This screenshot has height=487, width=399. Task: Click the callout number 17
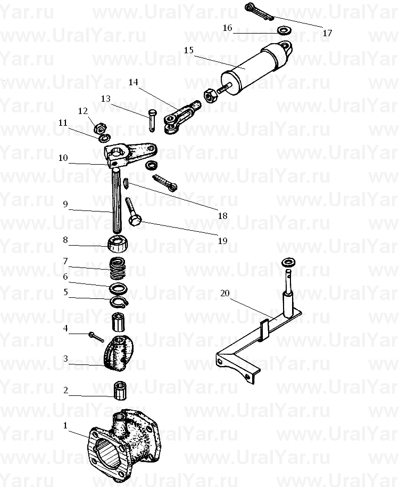pos(327,33)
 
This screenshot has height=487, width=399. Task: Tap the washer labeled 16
pos(284,31)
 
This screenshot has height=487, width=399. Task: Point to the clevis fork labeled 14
pos(181,117)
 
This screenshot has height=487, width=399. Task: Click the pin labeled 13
pos(152,120)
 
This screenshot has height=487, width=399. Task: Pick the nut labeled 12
pos(101,128)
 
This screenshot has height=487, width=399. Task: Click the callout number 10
pos(63,158)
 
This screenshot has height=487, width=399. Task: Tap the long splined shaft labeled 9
pos(117,200)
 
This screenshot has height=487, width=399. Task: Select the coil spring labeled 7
pos(117,269)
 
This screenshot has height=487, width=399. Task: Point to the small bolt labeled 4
pos(96,337)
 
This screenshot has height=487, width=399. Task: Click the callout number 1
pos(65,425)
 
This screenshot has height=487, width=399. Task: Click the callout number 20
pos(225,293)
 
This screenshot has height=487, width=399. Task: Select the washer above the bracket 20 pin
pos(289,263)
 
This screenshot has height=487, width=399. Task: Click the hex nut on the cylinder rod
pos(211,95)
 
